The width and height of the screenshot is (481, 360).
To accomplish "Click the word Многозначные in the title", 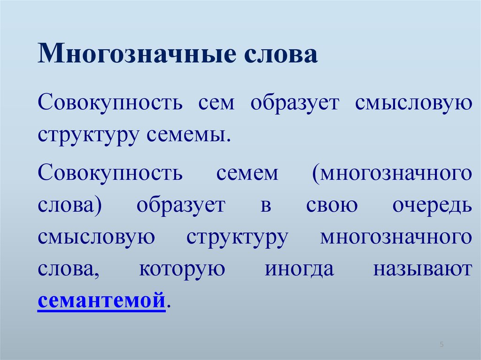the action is pyautogui.click(x=137, y=54).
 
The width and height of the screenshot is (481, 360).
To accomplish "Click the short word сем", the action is pyautogui.click(x=216, y=103).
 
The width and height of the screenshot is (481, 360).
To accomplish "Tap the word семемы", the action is pyautogui.click(x=188, y=135).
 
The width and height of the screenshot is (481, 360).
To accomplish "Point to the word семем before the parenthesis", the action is pyautogui.click(x=247, y=173).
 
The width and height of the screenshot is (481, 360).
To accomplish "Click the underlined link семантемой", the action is pyautogui.click(x=101, y=300).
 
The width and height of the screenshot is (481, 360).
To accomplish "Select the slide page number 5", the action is pyautogui.click(x=442, y=344).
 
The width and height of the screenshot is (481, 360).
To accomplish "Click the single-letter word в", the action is pyautogui.click(x=266, y=206).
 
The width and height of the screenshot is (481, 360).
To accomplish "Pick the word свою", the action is pyautogui.click(x=332, y=206).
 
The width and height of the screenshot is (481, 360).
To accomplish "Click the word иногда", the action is pyautogui.click(x=299, y=269).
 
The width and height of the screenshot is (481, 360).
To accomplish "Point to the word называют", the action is pyautogui.click(x=422, y=269).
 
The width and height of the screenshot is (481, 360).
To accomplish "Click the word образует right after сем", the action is pyautogui.click(x=295, y=104).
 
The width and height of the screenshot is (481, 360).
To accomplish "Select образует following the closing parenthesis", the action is pyautogui.click(x=181, y=206).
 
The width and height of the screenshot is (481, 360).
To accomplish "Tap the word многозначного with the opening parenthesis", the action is pyautogui.click(x=392, y=174).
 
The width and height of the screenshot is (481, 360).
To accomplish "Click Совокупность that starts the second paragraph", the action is pyautogui.click(x=110, y=173).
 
